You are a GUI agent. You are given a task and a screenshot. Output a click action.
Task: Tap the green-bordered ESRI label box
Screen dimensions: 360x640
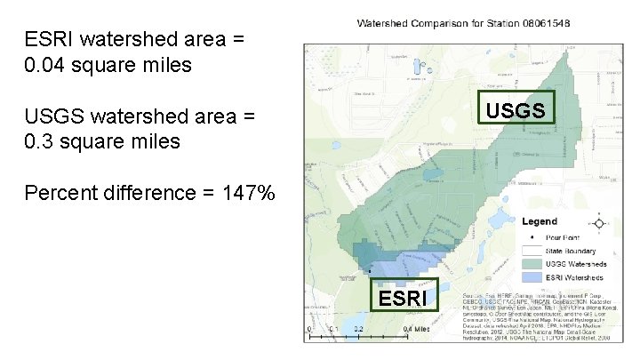click(403, 298)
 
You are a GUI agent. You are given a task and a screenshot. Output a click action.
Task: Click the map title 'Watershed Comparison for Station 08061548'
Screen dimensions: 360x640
click(463, 22)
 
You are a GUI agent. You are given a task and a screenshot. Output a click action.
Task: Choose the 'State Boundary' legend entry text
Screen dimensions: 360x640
click(570, 251)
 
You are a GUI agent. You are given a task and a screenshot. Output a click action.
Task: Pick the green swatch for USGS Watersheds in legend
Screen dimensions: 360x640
click(532, 264)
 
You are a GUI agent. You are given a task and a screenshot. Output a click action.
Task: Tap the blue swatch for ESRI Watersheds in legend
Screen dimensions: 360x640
click(532, 276)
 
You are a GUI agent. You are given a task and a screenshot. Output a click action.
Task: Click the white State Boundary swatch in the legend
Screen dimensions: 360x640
click(532, 252)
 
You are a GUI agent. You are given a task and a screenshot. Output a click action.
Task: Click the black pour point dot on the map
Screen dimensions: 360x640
click(368, 270)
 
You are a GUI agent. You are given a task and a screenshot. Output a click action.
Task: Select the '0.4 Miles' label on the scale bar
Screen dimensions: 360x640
click(418, 329)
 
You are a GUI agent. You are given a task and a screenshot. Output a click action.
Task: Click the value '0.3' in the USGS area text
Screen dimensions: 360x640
click(40, 141)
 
